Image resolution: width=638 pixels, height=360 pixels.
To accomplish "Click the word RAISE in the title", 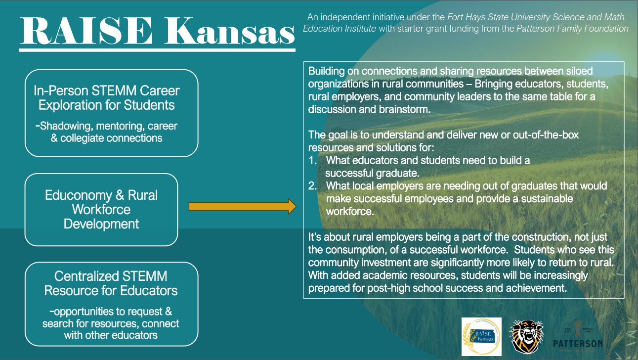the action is [x=86, y=31].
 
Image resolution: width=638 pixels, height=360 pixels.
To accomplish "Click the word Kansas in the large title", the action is [x=230, y=31].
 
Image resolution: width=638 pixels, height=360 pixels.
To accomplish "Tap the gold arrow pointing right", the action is [x=242, y=206].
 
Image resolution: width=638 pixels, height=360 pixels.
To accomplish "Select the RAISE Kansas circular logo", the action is [x=481, y=337].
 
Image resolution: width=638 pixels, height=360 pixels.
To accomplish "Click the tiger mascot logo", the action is [x=527, y=337].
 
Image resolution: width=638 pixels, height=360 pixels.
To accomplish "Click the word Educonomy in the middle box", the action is [x=78, y=195].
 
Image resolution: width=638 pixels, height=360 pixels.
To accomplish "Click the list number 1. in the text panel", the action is [x=313, y=161].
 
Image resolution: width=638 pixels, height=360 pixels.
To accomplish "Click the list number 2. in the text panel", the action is [x=313, y=186].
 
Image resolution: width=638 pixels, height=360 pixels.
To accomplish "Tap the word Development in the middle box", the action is [x=101, y=224].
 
